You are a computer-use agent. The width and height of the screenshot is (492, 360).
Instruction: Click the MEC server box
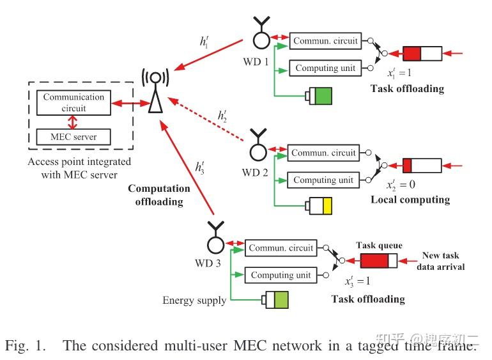[73, 136]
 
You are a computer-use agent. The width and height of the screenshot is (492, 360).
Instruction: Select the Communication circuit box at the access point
[73, 102]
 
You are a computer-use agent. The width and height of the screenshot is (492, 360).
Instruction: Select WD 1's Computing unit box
[325, 68]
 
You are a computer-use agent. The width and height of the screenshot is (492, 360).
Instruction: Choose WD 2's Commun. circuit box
[324, 153]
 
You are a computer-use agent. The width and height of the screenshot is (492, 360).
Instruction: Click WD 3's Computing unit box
[281, 275]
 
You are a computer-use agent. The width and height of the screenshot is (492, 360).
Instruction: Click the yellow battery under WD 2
[318, 207]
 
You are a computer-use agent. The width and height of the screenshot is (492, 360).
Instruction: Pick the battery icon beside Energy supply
[275, 300]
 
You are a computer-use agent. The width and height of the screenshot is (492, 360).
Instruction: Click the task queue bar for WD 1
[422, 53]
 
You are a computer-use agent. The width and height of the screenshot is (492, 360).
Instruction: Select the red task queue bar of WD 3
[378, 261]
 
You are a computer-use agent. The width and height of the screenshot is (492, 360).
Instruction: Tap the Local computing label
[410, 200]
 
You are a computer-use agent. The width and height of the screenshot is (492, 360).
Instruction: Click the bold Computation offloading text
[158, 195]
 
